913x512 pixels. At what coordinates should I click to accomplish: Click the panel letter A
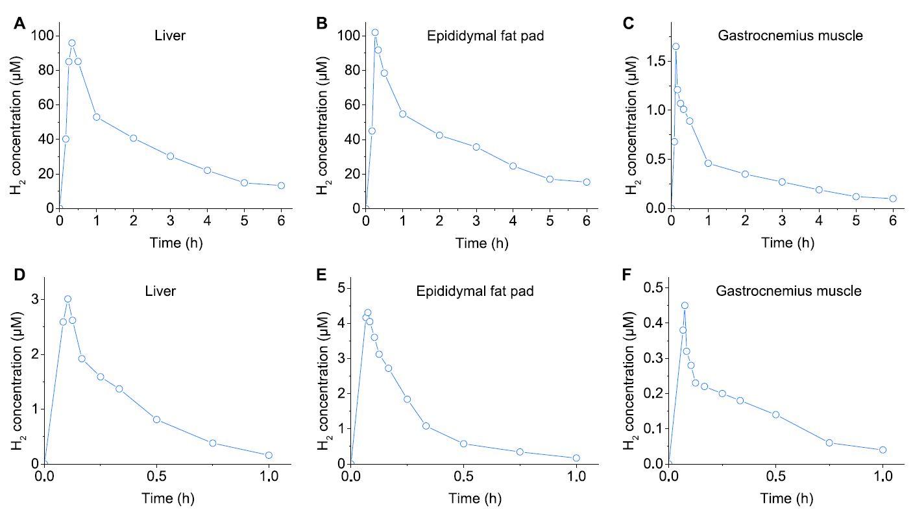click(x=21, y=24)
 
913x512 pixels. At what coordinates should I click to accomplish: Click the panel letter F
click(x=626, y=275)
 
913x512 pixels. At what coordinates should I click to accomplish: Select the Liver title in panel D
click(x=160, y=291)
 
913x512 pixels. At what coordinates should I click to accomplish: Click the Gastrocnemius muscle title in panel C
click(x=790, y=36)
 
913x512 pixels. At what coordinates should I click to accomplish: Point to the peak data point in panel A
click(x=72, y=43)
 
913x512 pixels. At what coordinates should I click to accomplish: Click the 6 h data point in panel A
click(x=281, y=186)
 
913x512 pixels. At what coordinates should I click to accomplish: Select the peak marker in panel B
click(x=374, y=32)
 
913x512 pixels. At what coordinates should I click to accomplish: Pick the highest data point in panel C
click(x=676, y=47)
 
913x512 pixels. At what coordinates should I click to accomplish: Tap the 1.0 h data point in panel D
click(x=269, y=455)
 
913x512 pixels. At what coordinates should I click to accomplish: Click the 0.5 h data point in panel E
click(x=463, y=444)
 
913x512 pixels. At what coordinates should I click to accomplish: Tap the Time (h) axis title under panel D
click(x=167, y=498)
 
